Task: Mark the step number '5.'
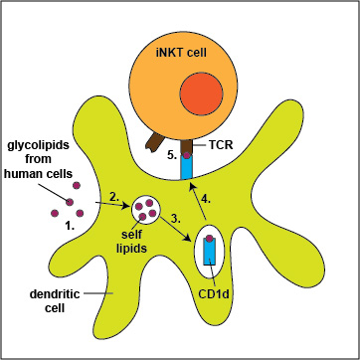(x=172, y=155)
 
